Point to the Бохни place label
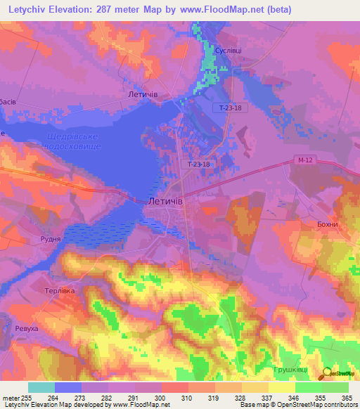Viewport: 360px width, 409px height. point(327,224)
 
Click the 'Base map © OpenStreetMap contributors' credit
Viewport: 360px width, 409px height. point(299,405)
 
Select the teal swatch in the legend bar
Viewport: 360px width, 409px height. point(41,387)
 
